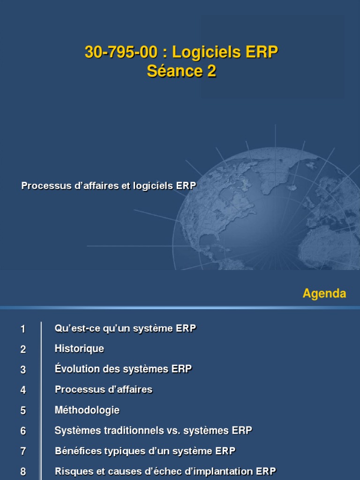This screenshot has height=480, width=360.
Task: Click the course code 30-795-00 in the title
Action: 121,53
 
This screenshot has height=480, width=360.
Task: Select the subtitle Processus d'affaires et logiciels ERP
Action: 108,186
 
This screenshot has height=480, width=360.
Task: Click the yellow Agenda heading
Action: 324,294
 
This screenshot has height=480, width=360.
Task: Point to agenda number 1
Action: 23,329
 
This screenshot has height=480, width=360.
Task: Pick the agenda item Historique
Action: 79,349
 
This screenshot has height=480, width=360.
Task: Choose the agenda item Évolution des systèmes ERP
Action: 123,369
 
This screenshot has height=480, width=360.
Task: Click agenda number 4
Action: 23,390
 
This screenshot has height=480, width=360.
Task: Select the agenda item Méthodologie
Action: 87,410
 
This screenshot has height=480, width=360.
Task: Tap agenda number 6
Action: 23,431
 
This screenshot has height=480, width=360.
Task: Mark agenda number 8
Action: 23,472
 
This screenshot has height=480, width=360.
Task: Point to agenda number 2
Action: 23,349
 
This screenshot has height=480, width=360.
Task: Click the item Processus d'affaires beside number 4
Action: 104,390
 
